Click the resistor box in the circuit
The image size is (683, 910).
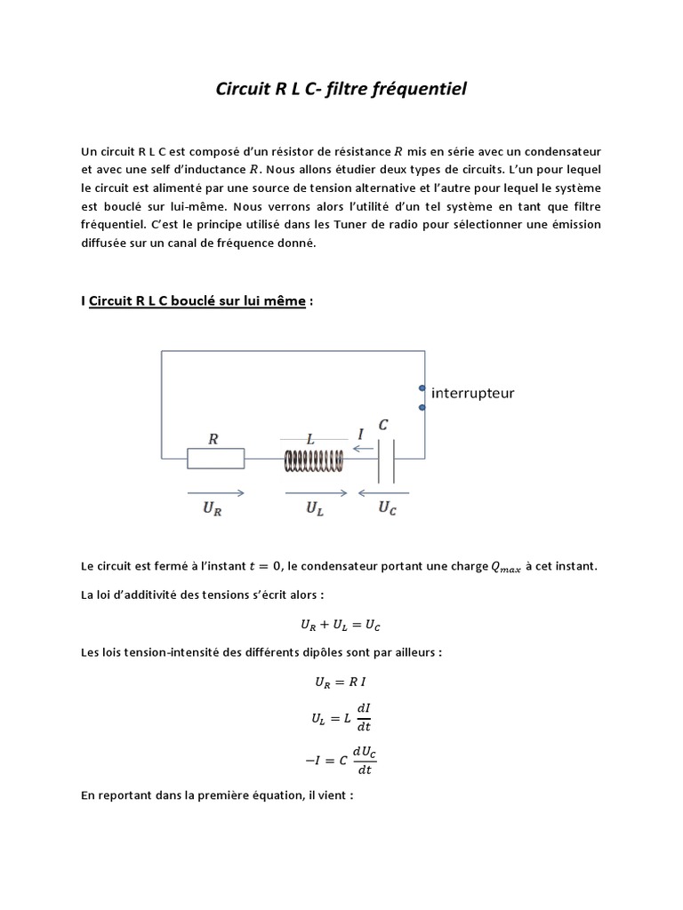(x=215, y=459)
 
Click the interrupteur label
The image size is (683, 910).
(x=472, y=392)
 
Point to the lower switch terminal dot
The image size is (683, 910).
(x=422, y=408)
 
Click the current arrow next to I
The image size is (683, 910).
(x=362, y=449)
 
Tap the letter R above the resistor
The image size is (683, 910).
(x=213, y=438)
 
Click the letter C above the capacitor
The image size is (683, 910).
(x=383, y=426)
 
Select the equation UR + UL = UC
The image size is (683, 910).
(x=341, y=627)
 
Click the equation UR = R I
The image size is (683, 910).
(x=341, y=682)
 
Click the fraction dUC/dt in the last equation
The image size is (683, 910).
(x=365, y=761)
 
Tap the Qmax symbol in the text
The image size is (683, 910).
(x=506, y=567)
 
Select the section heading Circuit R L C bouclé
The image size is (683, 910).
(x=199, y=301)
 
